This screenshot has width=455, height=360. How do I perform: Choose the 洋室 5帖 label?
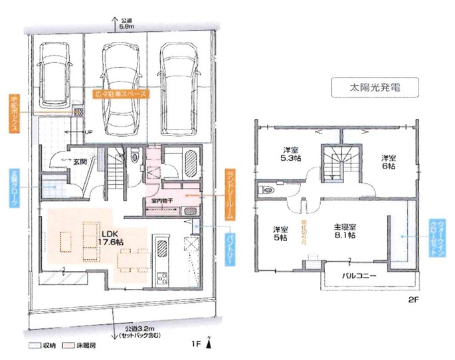click(x=280, y=233)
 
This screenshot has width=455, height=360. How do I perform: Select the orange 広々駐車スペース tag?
click(x=123, y=94)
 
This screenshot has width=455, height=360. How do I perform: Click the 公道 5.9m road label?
click(x=128, y=25)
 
